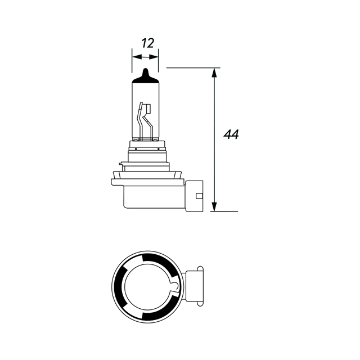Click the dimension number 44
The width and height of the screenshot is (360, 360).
tap(231, 135)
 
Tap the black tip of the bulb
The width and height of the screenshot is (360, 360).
tap(145, 74)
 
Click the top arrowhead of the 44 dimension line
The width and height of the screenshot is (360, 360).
tap(214, 72)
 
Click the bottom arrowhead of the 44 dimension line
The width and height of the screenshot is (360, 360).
tap(214, 208)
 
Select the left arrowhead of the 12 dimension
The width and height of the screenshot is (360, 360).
tap(135, 56)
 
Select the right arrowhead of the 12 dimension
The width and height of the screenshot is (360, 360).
tap(155, 56)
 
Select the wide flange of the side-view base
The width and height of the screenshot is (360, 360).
tap(147, 182)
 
